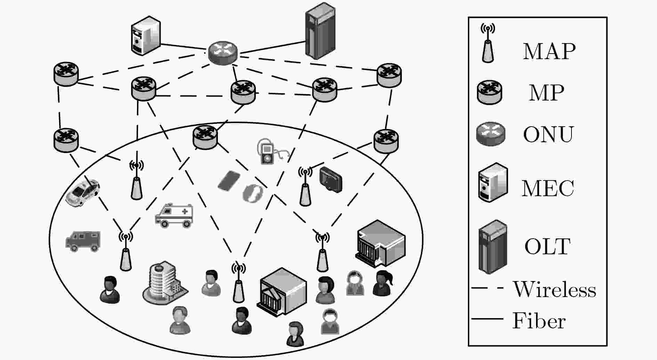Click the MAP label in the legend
pos(549,51)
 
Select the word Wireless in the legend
pos(554,289)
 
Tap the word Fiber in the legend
pos(539,320)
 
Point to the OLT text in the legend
pos(547,246)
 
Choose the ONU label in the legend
pos(548,134)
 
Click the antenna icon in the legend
pos(488,43)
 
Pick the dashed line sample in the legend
pos(487,288)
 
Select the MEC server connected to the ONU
pos(146,35)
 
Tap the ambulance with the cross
pos(174,215)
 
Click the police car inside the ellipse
pos(82,193)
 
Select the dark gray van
pos(83,241)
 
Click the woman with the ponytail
pos(383,283)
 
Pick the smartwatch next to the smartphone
pos(253,193)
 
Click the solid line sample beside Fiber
pos(487,318)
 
